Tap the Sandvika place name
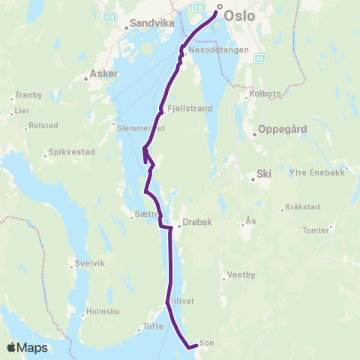[x=152, y=23]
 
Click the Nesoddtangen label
[x=213, y=50]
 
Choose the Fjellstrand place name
[x=191, y=108]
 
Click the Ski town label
[x=264, y=173]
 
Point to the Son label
[x=207, y=343]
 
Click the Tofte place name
[x=151, y=327]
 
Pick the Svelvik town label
[x=88, y=263]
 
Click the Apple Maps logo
[x=28, y=347]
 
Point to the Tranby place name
[x=29, y=95]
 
